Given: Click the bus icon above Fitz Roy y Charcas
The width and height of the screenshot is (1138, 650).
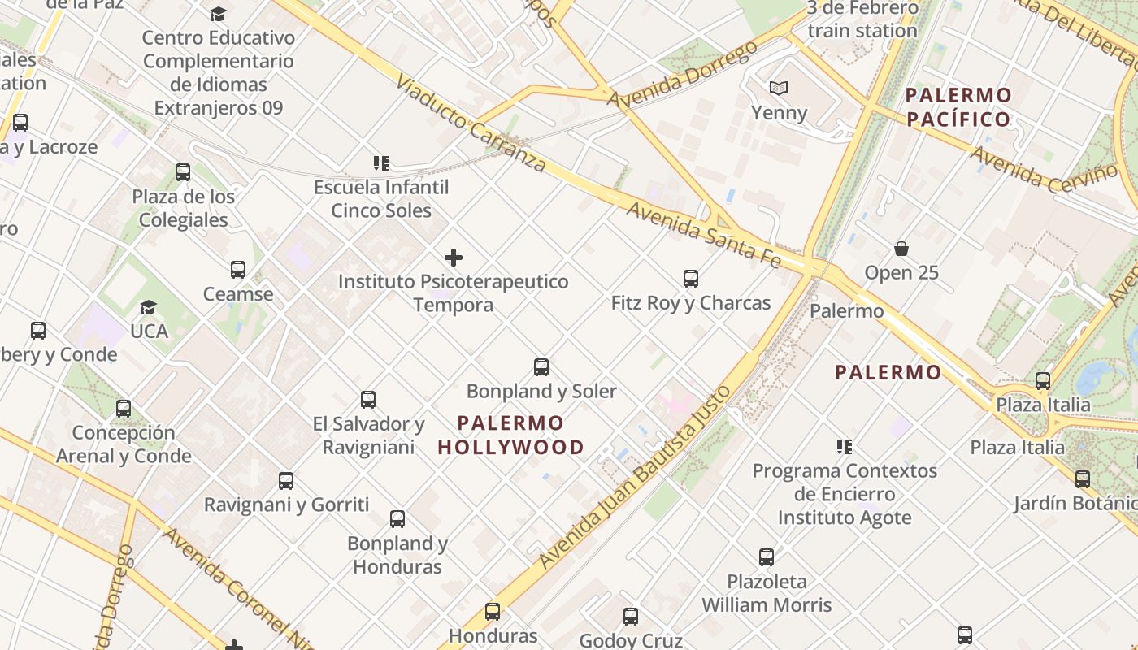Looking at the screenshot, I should click(691, 279).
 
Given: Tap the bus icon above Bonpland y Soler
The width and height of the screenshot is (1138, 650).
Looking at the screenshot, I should click(541, 367).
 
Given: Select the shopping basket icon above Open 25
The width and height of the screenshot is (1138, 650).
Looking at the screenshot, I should click(901, 249).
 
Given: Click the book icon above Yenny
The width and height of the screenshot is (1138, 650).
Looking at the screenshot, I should click(779, 89).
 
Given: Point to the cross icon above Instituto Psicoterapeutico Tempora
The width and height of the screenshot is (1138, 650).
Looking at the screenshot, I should click(454, 258).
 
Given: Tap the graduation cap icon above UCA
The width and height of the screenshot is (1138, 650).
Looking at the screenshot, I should click(148, 307).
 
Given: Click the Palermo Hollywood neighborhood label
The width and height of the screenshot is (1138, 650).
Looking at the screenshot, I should click(510, 435).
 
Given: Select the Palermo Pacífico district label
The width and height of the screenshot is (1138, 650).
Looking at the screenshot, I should click(959, 107).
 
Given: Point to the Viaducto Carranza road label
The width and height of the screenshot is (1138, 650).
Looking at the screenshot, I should click(471, 123).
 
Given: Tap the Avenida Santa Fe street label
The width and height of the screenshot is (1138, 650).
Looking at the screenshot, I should click(704, 235).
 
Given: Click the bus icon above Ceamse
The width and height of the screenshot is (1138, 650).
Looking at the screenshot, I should click(238, 270).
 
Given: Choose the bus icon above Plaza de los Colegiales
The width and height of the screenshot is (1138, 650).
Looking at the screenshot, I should click(183, 172).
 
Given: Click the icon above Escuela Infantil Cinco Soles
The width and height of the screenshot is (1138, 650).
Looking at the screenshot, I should click(380, 163).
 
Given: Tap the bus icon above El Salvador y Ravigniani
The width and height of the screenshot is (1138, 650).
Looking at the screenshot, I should click(368, 400).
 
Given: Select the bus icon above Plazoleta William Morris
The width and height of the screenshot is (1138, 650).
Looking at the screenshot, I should click(767, 557).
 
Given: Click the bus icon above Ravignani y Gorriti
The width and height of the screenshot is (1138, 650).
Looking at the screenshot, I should click(286, 481).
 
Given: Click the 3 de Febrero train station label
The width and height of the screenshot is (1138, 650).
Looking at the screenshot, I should click(862, 19).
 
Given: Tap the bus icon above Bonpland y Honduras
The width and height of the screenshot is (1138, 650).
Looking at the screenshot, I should click(397, 519).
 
